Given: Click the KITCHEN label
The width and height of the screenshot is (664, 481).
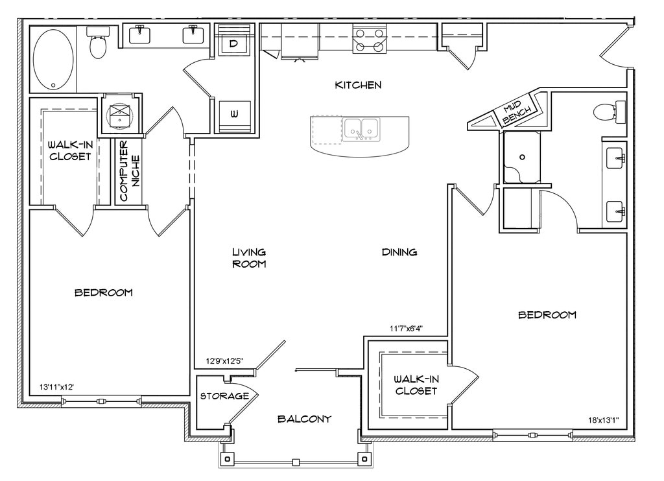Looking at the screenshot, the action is click(x=358, y=85).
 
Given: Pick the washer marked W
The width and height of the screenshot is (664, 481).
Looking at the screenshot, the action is click(x=234, y=113).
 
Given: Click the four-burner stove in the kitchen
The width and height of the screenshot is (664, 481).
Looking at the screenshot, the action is click(x=370, y=39).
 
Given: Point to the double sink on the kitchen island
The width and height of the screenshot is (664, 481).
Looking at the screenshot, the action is click(x=361, y=130).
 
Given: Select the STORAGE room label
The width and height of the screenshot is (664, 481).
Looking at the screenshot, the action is click(x=224, y=396).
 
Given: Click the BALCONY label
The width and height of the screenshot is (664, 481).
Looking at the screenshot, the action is click(x=304, y=419).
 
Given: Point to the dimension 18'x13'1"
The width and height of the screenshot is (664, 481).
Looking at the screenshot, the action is click(x=604, y=420).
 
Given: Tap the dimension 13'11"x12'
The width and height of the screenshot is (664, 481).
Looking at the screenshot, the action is click(x=57, y=386).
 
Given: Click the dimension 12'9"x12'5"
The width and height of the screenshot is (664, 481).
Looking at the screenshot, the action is click(x=224, y=361).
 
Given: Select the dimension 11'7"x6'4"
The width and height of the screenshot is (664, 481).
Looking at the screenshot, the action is click(x=406, y=328).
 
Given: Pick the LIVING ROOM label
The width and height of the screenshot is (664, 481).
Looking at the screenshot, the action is click(x=249, y=258).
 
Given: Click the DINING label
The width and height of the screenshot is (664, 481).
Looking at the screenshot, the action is click(x=399, y=252).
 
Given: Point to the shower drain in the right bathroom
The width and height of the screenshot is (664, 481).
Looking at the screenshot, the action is click(x=522, y=157).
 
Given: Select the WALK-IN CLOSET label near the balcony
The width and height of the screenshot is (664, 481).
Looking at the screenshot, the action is click(x=416, y=385).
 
